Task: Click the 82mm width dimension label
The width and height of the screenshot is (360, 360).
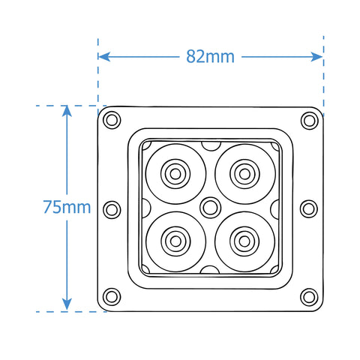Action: pos(211,56)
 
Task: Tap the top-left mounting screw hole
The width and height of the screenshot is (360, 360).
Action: pos(112,118)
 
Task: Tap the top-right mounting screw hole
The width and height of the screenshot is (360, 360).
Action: pos(308,119)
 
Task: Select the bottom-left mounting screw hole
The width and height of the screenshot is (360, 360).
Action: pos(112,296)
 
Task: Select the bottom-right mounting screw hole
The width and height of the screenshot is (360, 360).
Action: pos(308,296)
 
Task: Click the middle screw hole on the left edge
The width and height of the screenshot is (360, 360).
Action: pos(111,208)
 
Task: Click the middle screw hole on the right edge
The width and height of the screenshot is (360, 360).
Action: pos(309,208)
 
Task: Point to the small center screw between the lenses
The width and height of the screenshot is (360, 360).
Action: pos(209,206)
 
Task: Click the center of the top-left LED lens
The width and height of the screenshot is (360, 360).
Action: pos(175,173)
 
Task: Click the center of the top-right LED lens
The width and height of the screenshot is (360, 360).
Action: pos(243,173)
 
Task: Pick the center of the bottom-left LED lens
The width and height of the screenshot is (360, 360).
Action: pos(175,241)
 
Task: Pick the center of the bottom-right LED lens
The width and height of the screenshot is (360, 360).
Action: pos(243,241)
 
